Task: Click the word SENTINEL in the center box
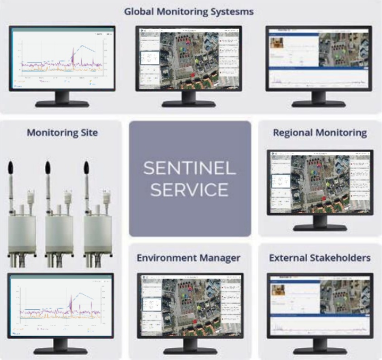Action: tap(190, 168)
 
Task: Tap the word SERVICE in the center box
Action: tap(190, 189)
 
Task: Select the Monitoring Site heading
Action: tap(62, 133)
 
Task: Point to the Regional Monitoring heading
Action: tap(320, 133)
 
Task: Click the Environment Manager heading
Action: tap(189, 258)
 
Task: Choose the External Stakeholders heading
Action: tap(320, 258)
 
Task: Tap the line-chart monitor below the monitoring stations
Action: tap(60, 306)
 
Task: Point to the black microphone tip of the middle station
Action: tap(48, 170)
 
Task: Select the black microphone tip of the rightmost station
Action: tap(86, 170)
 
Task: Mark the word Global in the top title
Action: tap(138, 11)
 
